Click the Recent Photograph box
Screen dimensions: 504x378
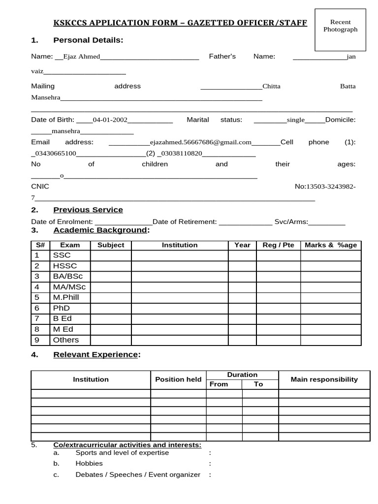click(340, 30)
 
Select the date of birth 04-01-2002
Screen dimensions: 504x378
click(110, 120)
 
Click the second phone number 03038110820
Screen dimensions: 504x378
click(182, 153)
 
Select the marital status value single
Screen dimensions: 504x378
click(296, 120)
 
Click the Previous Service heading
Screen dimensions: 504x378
click(88, 210)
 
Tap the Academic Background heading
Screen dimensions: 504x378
click(100, 230)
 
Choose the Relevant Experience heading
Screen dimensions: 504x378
click(96, 354)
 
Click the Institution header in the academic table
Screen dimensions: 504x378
click(180, 245)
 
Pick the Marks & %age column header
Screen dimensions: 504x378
click(331, 245)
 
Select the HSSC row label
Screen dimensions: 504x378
click(65, 266)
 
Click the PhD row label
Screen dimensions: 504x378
click(62, 308)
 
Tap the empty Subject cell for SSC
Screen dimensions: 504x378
click(111, 255)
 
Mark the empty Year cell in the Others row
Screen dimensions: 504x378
click(242, 340)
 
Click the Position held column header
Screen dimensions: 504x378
click(178, 379)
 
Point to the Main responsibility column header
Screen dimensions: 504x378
click(324, 379)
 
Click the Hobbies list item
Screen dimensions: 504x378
click(89, 464)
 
